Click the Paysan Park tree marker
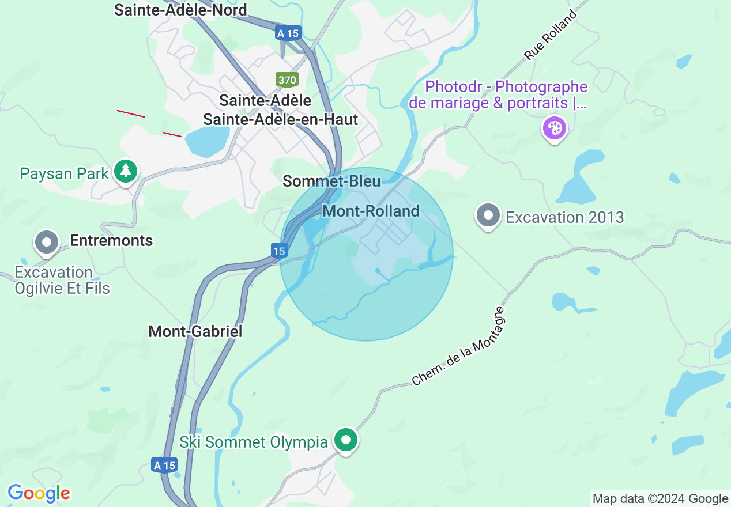pos(125,171)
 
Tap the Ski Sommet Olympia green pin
pos(346,440)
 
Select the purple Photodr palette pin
pos(555,128)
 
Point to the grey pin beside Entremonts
pos(47,243)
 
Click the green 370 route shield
pos(287,79)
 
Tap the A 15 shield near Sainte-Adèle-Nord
pos(288,33)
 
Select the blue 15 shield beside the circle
pos(280,251)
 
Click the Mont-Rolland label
pos(371,211)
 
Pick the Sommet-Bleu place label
pos(331,181)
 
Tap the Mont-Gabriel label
pos(195,331)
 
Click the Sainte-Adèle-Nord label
pos(180,10)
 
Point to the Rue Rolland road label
pos(551,36)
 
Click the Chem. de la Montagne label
pos(459,347)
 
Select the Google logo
pos(39,493)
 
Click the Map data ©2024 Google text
pos(660,499)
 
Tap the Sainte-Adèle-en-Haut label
pos(281,119)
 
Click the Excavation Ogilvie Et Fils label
pos(62,280)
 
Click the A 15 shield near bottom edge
pos(164,465)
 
